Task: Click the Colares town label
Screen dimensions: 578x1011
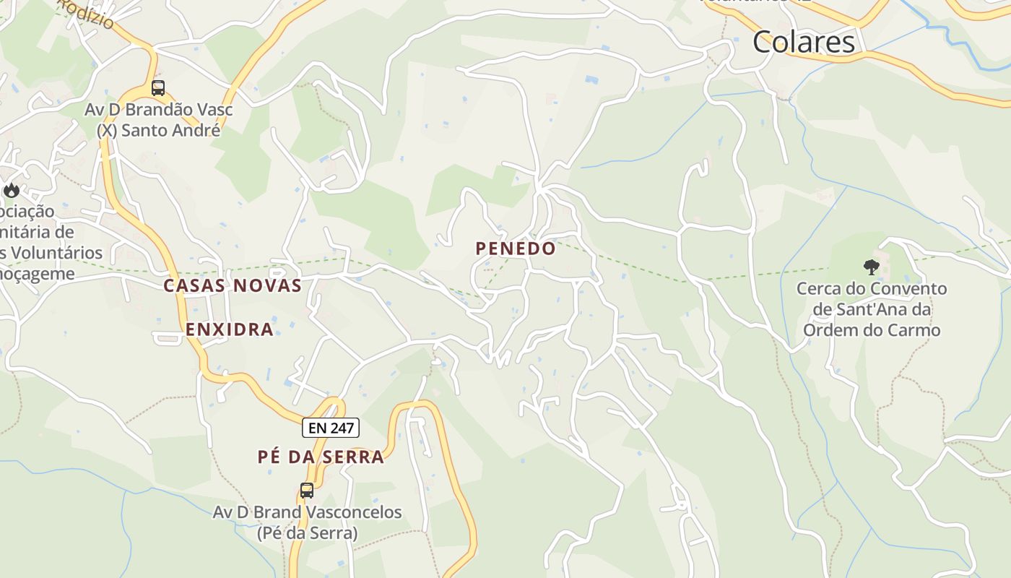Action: pos(804,42)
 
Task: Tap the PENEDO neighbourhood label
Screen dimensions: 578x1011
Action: pos(516,249)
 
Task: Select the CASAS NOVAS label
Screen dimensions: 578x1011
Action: pos(233,285)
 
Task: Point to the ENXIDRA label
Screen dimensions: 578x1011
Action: pos(230,329)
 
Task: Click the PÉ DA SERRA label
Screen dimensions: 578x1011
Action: pos(321,457)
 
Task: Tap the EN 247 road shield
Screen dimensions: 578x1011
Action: pos(331,428)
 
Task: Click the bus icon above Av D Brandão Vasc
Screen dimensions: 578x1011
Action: pos(158,88)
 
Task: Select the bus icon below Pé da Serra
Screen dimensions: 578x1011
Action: pos(307,491)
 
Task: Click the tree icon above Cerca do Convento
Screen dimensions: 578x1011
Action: pos(872,267)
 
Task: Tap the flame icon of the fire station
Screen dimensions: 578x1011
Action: pos(12,190)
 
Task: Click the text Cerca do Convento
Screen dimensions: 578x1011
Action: pos(872,289)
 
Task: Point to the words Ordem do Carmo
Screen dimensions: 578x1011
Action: pos(872,331)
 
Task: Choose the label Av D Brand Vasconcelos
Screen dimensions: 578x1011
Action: pos(307,512)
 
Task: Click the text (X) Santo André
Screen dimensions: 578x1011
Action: pos(158,131)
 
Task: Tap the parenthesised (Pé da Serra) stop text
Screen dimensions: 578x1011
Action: pos(307,533)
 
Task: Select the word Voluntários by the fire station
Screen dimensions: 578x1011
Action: pos(58,253)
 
